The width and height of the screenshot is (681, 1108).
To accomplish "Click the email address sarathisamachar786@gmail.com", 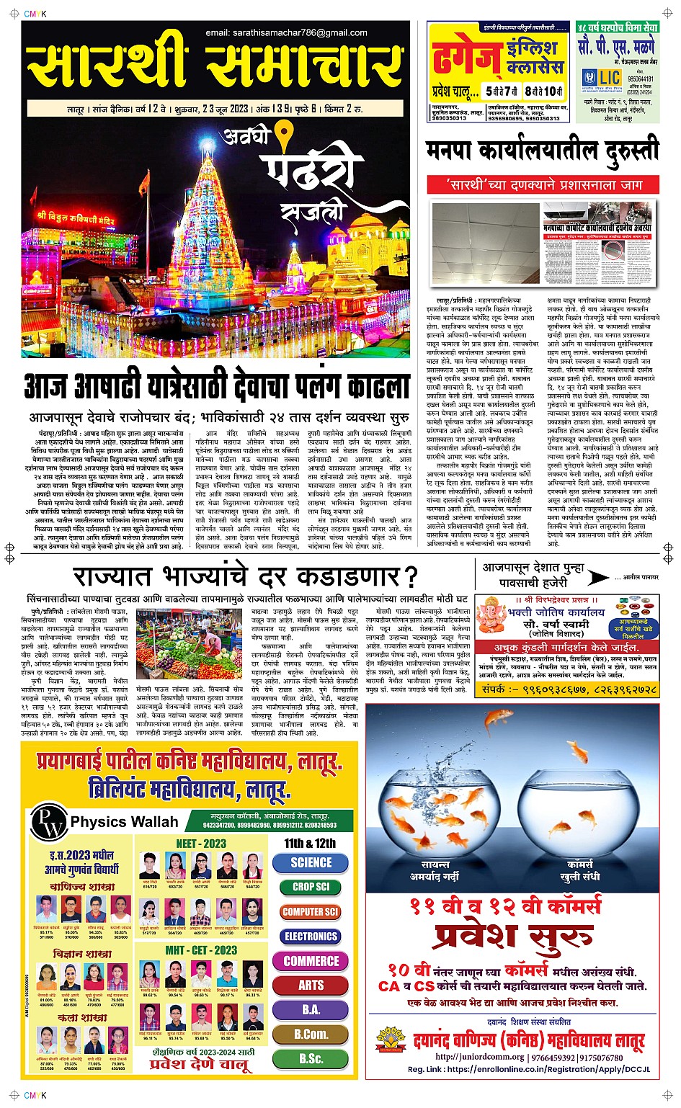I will [x=286, y=32].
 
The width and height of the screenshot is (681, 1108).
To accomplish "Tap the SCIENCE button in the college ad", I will [x=311, y=862].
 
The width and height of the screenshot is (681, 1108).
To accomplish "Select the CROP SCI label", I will [x=311, y=887].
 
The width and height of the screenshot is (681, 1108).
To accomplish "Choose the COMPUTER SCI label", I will [x=311, y=911].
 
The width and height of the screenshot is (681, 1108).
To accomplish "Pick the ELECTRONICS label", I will [x=311, y=937].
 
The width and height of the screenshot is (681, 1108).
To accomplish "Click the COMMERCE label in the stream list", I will [x=311, y=961].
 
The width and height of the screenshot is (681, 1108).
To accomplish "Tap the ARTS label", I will [x=311, y=986].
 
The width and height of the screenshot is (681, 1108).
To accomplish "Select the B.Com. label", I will [x=311, y=1034].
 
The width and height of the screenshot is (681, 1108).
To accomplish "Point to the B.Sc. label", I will [x=311, y=1058].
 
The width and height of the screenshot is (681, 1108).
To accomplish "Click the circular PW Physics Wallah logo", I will [x=50, y=822].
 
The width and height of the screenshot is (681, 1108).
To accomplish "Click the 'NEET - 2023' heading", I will [x=201, y=844].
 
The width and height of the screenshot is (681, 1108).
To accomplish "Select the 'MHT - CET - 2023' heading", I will [x=201, y=950].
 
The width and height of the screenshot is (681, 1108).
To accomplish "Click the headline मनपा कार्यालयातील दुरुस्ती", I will [x=542, y=151].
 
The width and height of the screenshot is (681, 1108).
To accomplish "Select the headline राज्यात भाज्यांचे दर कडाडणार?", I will [x=246, y=576].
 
